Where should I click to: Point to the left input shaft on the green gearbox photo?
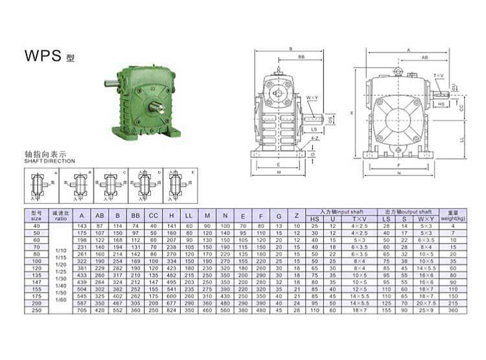111,83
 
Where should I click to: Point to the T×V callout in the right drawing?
439,76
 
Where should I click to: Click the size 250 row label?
36,310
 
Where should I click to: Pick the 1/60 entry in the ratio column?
60,299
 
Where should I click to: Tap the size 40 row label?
36,225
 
